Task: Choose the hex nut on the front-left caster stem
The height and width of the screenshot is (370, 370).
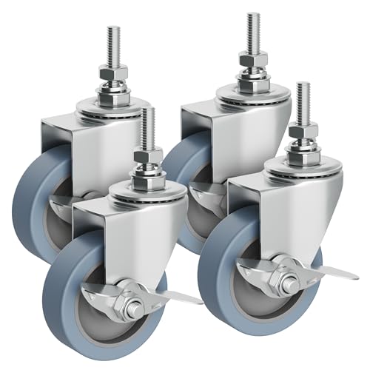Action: coord(148,156)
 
